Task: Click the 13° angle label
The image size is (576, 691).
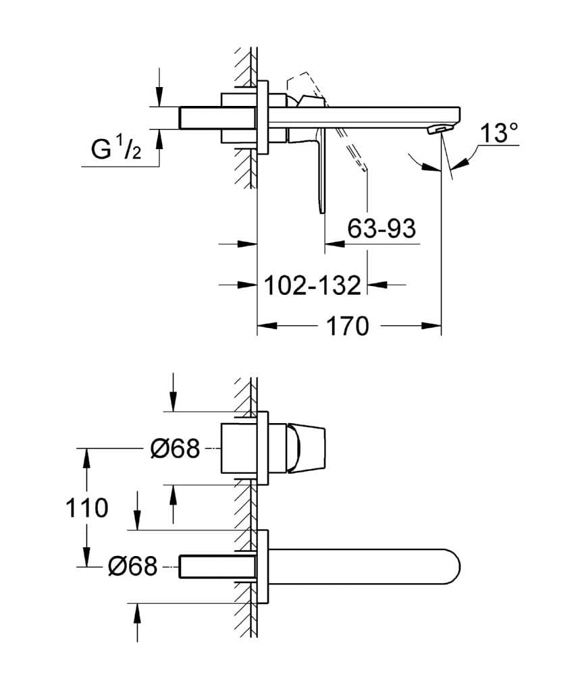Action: pos(498,134)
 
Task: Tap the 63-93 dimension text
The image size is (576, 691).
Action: pos(381,229)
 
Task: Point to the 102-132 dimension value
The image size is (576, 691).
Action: pos(312,285)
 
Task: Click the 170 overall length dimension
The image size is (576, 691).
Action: pos(348,327)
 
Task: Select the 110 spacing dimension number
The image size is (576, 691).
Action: pos(87,507)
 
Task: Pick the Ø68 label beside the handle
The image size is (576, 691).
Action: pos(175,448)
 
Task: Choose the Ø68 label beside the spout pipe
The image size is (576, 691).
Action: pos(132,566)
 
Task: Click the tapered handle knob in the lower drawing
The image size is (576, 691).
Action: pos(307,448)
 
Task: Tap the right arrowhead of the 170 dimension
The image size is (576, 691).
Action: pos(432,327)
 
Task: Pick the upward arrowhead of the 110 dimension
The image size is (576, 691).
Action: pos(86,456)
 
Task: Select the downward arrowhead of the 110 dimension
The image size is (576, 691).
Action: pos(86,557)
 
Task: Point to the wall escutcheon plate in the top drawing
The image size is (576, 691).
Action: pos(263,117)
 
